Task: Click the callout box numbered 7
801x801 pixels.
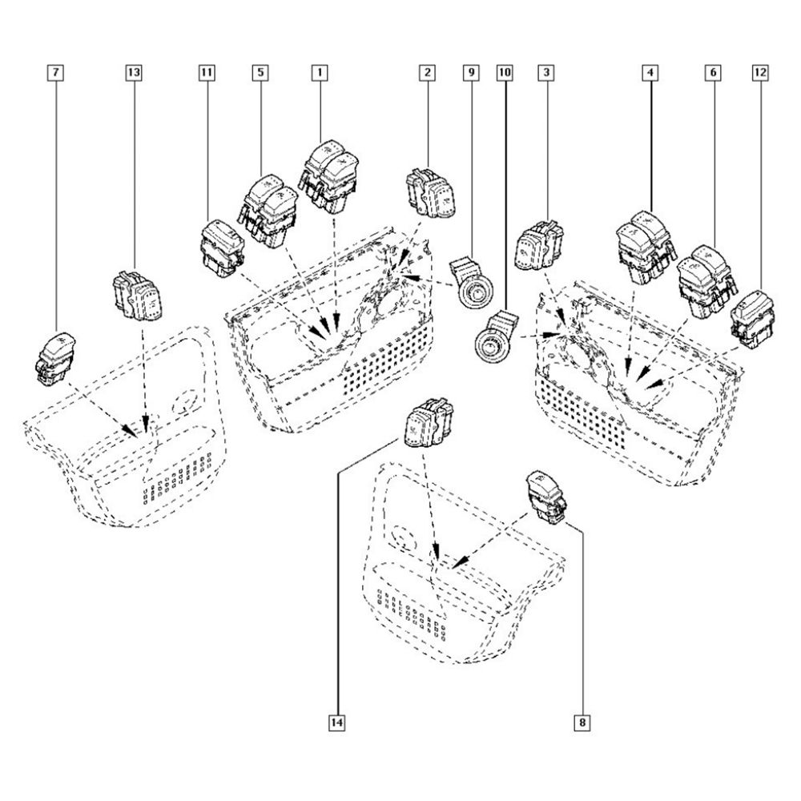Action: click(x=55, y=73)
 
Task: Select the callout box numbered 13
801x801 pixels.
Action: click(x=133, y=73)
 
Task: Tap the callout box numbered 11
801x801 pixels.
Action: click(x=207, y=73)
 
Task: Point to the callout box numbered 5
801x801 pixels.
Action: click(x=260, y=73)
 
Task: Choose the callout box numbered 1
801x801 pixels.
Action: click(x=320, y=73)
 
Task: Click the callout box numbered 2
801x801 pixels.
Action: click(x=427, y=73)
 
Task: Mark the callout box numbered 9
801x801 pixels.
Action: click(x=471, y=73)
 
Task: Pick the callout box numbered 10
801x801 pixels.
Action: click(x=504, y=73)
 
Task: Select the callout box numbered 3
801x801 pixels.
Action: click(x=546, y=73)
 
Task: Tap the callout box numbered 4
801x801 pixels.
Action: click(x=650, y=73)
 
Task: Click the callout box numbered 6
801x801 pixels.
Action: click(x=713, y=73)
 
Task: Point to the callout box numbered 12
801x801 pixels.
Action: click(x=760, y=73)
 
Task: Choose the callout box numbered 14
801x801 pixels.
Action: click(x=336, y=723)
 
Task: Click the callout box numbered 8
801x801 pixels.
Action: click(x=582, y=723)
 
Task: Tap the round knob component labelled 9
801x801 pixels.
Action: click(x=472, y=284)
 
